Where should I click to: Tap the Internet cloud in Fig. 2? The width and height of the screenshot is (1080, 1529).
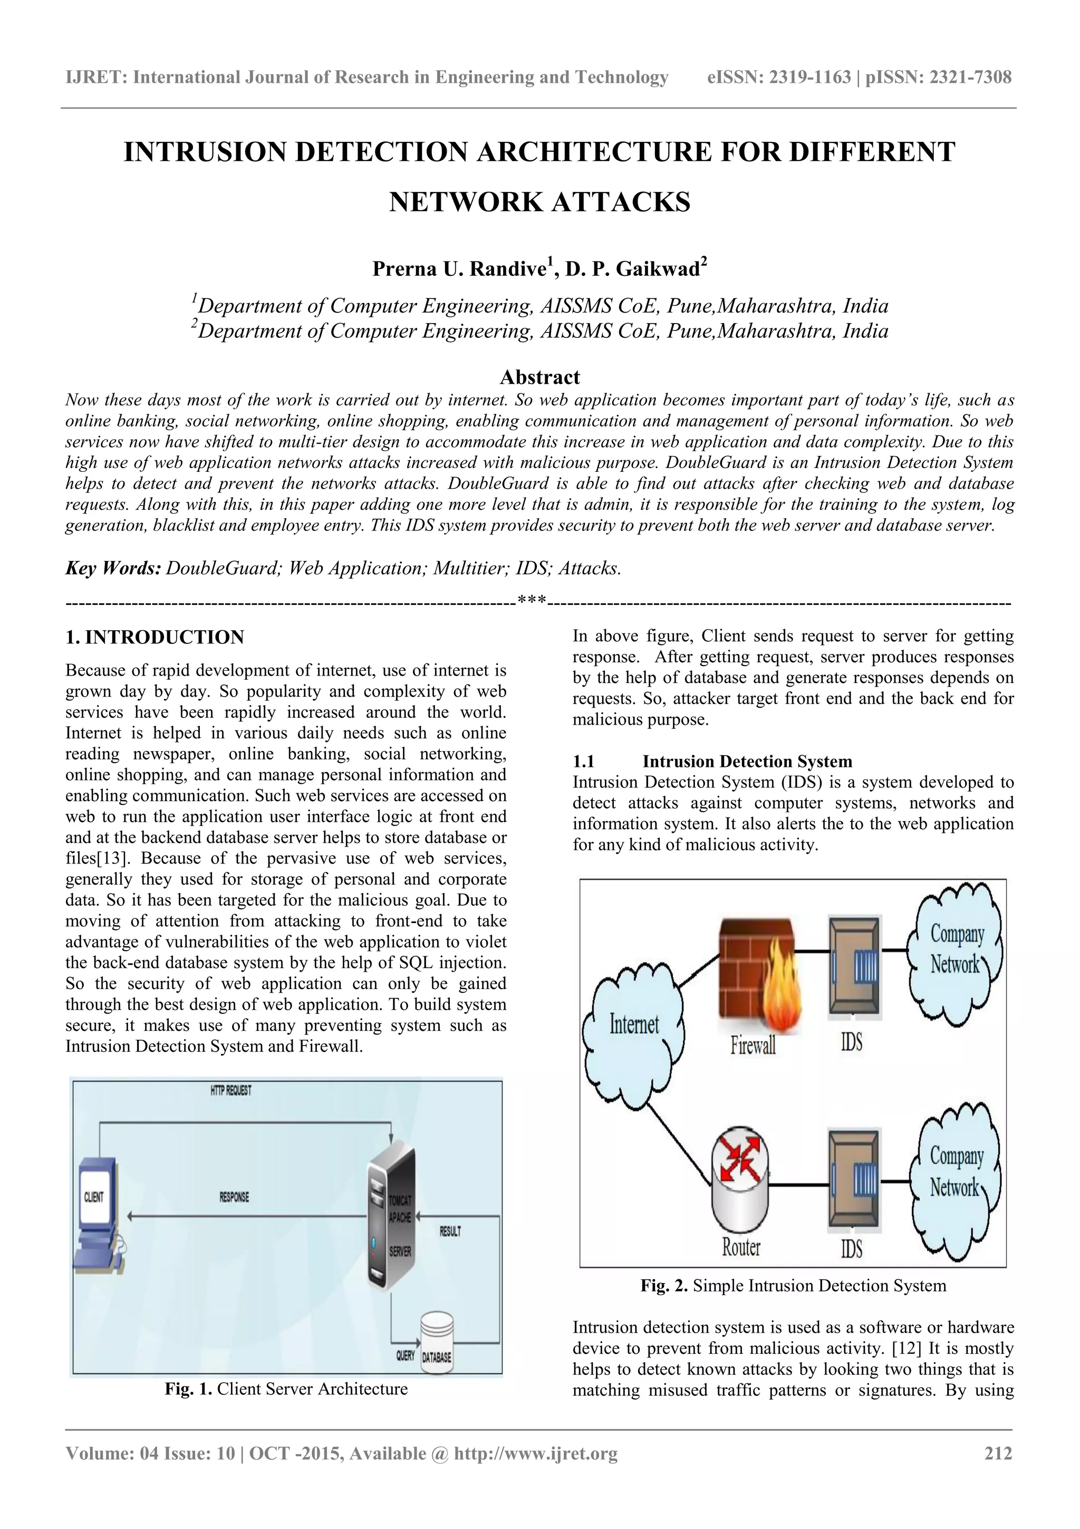632,1025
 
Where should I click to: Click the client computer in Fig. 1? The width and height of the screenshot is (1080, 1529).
99,1213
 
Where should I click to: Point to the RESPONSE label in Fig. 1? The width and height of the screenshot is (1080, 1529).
234,1198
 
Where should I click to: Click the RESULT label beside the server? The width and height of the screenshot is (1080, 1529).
450,1231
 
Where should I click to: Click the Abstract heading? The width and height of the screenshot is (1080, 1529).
539,377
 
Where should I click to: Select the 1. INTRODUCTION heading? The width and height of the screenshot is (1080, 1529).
155,638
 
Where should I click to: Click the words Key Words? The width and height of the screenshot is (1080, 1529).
113,568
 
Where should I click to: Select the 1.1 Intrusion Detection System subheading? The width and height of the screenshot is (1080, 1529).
712,761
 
